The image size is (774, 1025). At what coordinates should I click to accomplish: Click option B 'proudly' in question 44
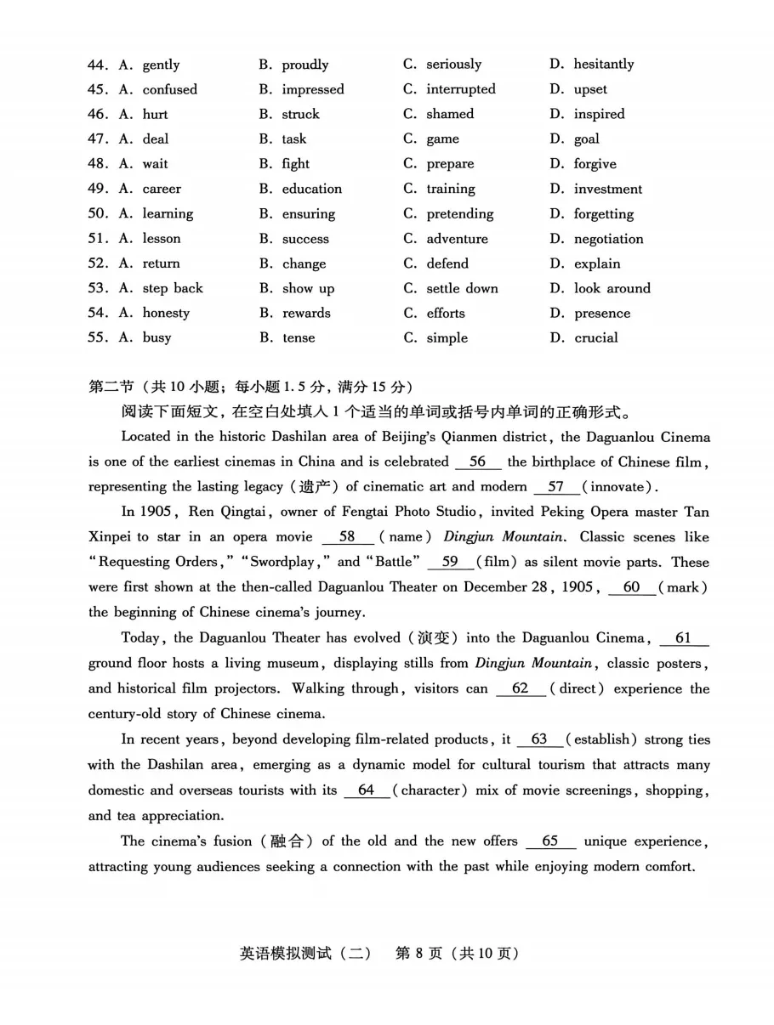[304, 65]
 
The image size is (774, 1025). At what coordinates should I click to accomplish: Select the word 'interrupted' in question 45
[460, 89]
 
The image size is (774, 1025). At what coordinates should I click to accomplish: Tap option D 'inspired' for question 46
[599, 114]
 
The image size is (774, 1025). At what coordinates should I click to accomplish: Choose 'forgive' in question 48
[595, 164]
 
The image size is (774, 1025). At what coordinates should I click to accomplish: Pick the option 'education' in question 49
[311, 189]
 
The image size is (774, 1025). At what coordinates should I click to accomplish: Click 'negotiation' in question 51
[608, 239]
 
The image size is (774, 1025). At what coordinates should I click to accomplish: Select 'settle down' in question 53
[462, 288]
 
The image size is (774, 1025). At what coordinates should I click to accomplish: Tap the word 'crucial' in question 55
[595, 337]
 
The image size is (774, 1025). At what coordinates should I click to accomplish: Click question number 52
[98, 263]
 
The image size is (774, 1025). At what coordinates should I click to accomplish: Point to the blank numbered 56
[478, 462]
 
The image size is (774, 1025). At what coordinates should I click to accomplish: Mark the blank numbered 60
[631, 587]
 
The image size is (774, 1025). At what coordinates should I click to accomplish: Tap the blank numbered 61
[682, 638]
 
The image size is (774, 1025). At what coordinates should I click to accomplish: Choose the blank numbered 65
[550, 841]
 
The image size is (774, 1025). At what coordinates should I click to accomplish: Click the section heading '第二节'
[111, 387]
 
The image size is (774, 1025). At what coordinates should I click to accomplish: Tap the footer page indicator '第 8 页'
[419, 953]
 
